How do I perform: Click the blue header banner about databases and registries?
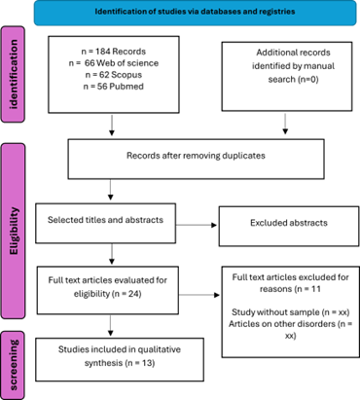pos(195,13)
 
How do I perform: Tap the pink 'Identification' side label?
pos(13,74)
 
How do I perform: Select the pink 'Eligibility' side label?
pos(13,231)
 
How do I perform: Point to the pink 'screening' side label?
pos(13,365)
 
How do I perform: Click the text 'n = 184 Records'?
pos(114,52)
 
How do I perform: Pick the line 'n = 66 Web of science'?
pos(114,63)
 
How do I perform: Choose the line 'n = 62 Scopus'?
pos(114,75)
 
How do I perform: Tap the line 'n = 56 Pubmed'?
pos(114,87)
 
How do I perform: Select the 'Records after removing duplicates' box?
pos(196,159)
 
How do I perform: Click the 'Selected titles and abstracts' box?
pos(106,223)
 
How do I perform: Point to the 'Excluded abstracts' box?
pos(289,226)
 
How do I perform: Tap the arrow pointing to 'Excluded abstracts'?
pos(197,225)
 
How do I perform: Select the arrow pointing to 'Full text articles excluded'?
pos(199,295)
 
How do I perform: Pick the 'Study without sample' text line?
pos(290,312)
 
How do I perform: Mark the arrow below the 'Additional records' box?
pos(285,124)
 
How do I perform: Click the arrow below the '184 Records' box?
pos(112,126)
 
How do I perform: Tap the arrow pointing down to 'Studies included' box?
pos(111,325)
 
